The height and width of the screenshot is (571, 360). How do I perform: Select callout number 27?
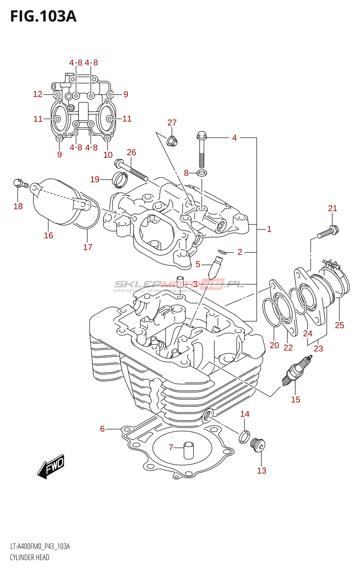tap(172, 122)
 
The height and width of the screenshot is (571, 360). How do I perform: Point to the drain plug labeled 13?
tap(258, 445)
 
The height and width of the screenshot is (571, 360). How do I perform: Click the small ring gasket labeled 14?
tap(244, 436)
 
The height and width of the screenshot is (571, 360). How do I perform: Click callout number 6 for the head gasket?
tap(102, 429)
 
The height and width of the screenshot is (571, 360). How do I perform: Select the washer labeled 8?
tap(202, 173)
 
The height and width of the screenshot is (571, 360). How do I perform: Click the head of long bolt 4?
tap(201, 136)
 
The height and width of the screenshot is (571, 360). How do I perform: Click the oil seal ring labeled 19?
tap(120, 180)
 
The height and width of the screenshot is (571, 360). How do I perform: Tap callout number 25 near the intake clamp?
tap(339, 325)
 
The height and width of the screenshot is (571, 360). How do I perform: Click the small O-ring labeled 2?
tap(222, 252)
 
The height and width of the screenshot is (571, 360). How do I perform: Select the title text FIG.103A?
tap(43, 16)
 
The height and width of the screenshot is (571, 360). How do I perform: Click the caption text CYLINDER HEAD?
tap(30, 557)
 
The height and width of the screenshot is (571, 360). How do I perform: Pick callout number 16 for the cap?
tap(49, 235)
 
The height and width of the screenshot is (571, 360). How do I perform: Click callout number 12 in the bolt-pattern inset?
tap(37, 94)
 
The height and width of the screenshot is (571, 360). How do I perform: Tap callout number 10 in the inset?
tap(108, 155)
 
